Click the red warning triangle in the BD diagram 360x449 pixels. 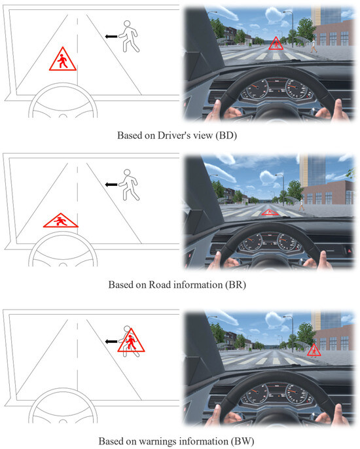tap(61, 60)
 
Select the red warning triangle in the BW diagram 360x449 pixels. tap(131, 341)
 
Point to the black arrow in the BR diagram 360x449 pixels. tap(114, 185)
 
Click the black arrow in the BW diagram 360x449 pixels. tap(112, 340)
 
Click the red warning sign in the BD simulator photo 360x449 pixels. tap(276, 45)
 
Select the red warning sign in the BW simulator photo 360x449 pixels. tap(314, 350)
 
